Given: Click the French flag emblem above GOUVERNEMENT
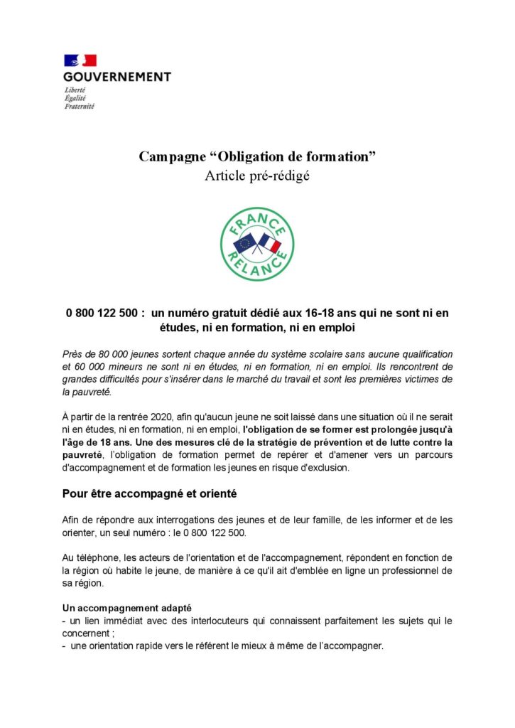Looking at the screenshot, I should (80, 60).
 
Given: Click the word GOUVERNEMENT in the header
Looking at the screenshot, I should (117, 76).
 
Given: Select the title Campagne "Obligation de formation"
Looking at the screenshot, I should (257, 156).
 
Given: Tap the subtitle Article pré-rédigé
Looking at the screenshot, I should (257, 176).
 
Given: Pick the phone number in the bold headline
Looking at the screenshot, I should (102, 314).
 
